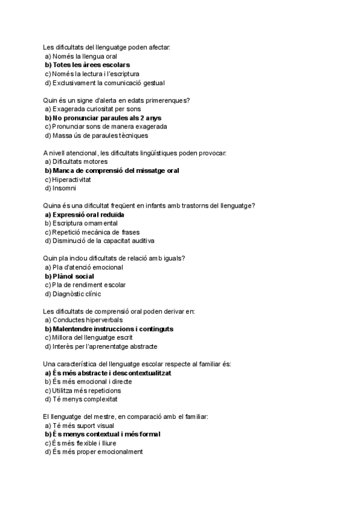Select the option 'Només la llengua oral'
point(85,56)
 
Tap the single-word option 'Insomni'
point(64,188)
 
